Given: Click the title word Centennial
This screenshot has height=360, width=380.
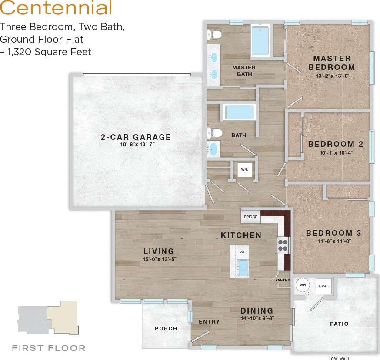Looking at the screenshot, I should pyautogui.click(x=56, y=9).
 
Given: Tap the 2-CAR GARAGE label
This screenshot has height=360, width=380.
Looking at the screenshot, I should pyautogui.click(x=136, y=137).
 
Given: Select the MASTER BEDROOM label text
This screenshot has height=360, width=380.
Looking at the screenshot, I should pyautogui.click(x=332, y=63).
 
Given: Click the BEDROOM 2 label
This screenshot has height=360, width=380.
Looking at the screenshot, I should pyautogui.click(x=335, y=144).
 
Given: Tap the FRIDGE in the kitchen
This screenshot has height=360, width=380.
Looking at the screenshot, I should pyautogui.click(x=250, y=216).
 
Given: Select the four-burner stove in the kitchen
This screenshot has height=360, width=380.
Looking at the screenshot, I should pyautogui.click(x=283, y=245).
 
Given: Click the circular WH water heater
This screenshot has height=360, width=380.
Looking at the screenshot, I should pyautogui.click(x=303, y=285).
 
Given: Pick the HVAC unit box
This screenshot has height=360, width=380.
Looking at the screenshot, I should pyautogui.click(x=324, y=286).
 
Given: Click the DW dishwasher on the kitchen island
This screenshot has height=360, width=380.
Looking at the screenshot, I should pyautogui.click(x=242, y=251).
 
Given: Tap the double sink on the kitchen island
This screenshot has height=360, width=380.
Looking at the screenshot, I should pyautogui.click(x=243, y=268).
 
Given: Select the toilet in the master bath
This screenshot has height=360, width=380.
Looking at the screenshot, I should pyautogui.click(x=214, y=34).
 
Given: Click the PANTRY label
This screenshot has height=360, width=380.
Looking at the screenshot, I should pyautogui.click(x=283, y=281).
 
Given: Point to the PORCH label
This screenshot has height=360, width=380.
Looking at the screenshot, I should pyautogui.click(x=166, y=328).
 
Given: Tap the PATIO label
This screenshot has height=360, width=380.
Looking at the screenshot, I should pyautogui.click(x=339, y=324).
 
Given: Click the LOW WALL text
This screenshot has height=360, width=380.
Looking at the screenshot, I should pyautogui.click(x=339, y=358).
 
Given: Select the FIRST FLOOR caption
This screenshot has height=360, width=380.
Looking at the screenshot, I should pyautogui.click(x=49, y=348).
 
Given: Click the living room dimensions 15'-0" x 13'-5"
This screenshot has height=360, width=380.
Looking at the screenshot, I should pyautogui.click(x=159, y=259).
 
